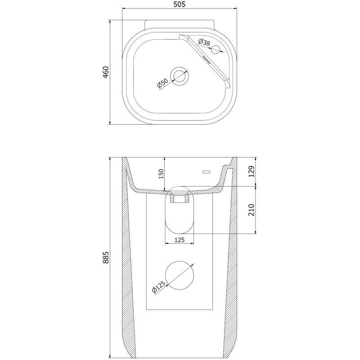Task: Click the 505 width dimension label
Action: click(179, 4)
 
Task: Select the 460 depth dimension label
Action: click(106, 72)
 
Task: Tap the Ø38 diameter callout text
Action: click(204, 43)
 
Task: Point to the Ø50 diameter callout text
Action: click(162, 83)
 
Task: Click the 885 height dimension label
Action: click(106, 257)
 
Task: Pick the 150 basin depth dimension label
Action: click(161, 174)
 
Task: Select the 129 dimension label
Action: click(252, 171)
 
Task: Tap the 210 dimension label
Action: click(252, 210)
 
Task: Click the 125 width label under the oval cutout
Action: click(179, 240)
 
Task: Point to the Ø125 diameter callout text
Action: click(158, 287)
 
